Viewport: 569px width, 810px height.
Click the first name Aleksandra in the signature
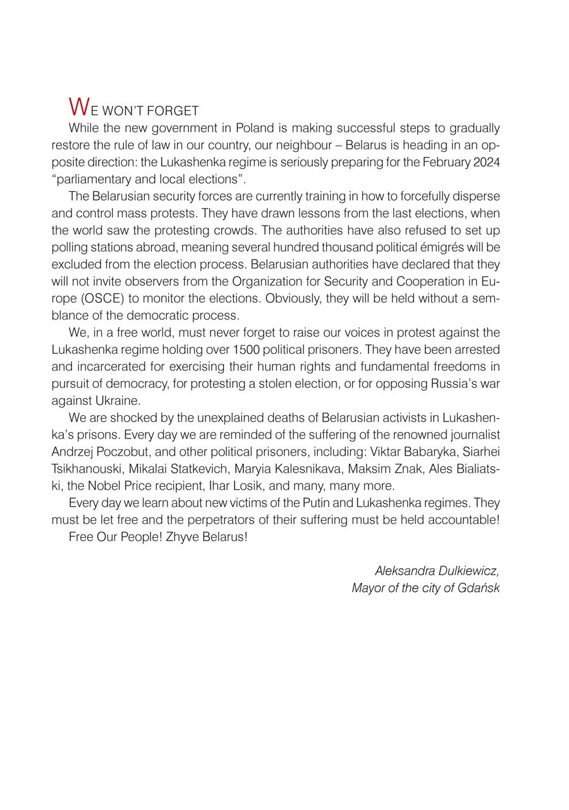401,571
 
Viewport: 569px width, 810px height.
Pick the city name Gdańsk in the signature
479,588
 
